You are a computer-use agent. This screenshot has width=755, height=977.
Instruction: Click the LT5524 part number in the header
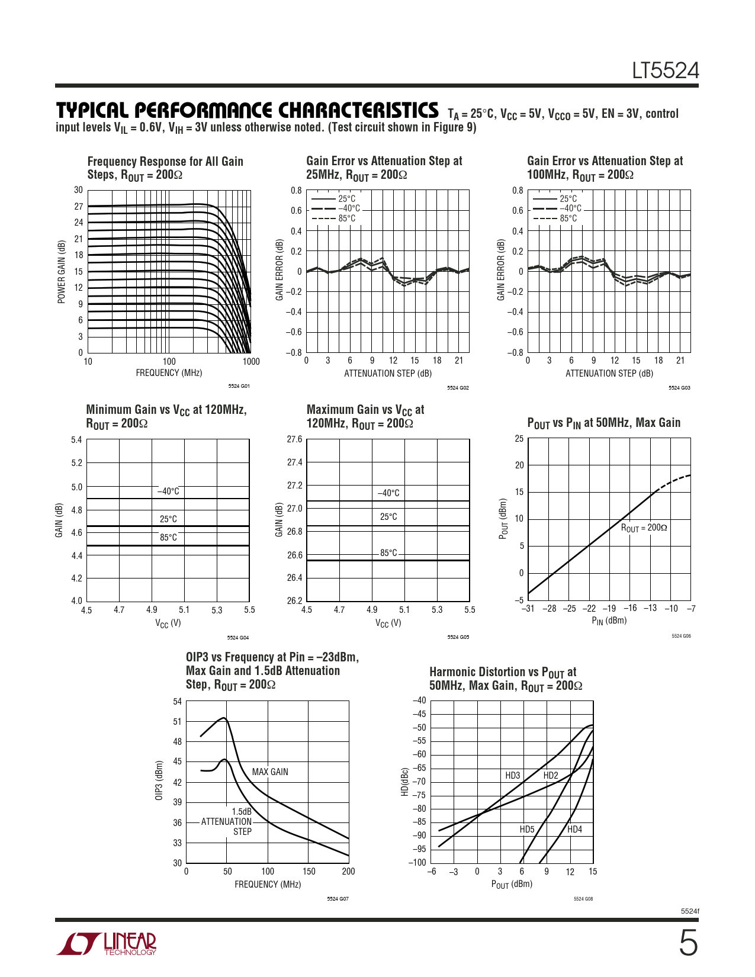pos(665,71)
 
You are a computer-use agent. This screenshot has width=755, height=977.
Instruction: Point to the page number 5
pos(687,943)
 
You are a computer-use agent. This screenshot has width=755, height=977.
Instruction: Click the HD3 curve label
pos(512,776)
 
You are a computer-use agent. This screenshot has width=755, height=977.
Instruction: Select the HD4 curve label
pos(574,830)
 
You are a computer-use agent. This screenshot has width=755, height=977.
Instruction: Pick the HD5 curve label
pos(526,830)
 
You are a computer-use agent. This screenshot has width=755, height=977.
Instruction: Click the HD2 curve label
pos(550,776)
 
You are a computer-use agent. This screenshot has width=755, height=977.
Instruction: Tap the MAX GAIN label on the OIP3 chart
pos(270,772)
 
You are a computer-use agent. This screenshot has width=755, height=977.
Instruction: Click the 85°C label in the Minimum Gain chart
pos(168,538)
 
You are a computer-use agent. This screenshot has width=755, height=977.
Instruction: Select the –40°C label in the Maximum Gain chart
pos(388,493)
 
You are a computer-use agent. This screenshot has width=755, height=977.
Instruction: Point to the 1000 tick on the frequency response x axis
pos(251,362)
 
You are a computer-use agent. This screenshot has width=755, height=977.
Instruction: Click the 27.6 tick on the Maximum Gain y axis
pos(294,439)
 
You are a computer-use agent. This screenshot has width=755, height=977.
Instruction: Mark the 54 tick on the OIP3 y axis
pos(178,702)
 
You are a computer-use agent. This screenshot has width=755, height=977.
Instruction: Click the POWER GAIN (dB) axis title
pos(62,272)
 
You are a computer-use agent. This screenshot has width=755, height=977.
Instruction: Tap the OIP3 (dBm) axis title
pos(159,780)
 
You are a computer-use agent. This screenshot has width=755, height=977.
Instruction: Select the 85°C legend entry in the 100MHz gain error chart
pos(568,218)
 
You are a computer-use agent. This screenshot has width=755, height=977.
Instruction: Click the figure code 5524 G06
pos(680,636)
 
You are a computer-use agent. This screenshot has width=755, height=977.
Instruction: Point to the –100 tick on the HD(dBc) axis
pos(417,862)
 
